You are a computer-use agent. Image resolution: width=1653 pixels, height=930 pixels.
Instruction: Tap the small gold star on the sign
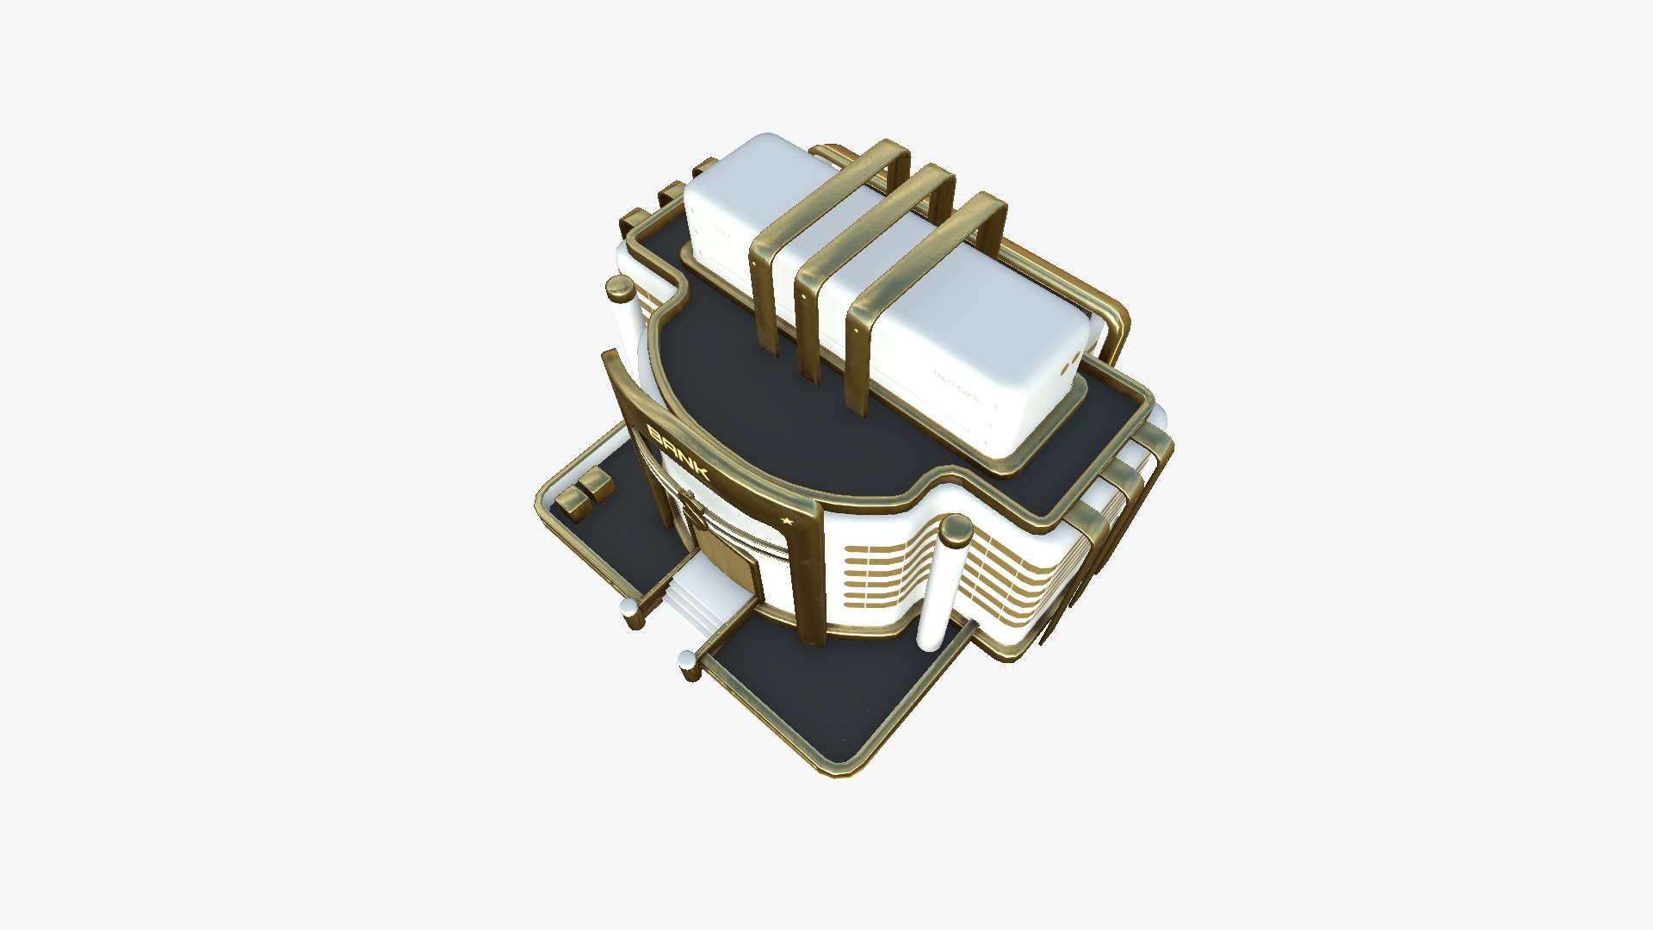pos(786,520)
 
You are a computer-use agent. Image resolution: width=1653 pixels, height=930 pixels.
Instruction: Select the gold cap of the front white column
pos(955,530)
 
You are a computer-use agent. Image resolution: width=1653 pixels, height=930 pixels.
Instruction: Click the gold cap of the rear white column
pos(619,289)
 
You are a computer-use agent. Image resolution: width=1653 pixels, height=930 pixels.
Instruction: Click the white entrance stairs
pos(697,603)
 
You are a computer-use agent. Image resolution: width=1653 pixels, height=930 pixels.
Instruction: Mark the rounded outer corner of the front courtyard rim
pos(839,769)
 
